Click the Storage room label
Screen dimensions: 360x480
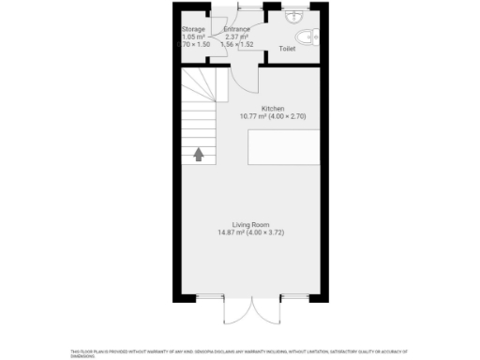tap(193, 29)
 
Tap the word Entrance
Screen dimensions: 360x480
tap(236, 29)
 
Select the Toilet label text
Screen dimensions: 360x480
tap(287, 47)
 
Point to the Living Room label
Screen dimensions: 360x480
tap(251, 224)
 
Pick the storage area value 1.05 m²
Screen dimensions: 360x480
tap(193, 37)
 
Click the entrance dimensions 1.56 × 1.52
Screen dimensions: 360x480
tap(236, 44)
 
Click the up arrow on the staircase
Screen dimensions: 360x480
tap(199, 154)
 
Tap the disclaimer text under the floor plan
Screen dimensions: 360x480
tap(240, 352)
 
